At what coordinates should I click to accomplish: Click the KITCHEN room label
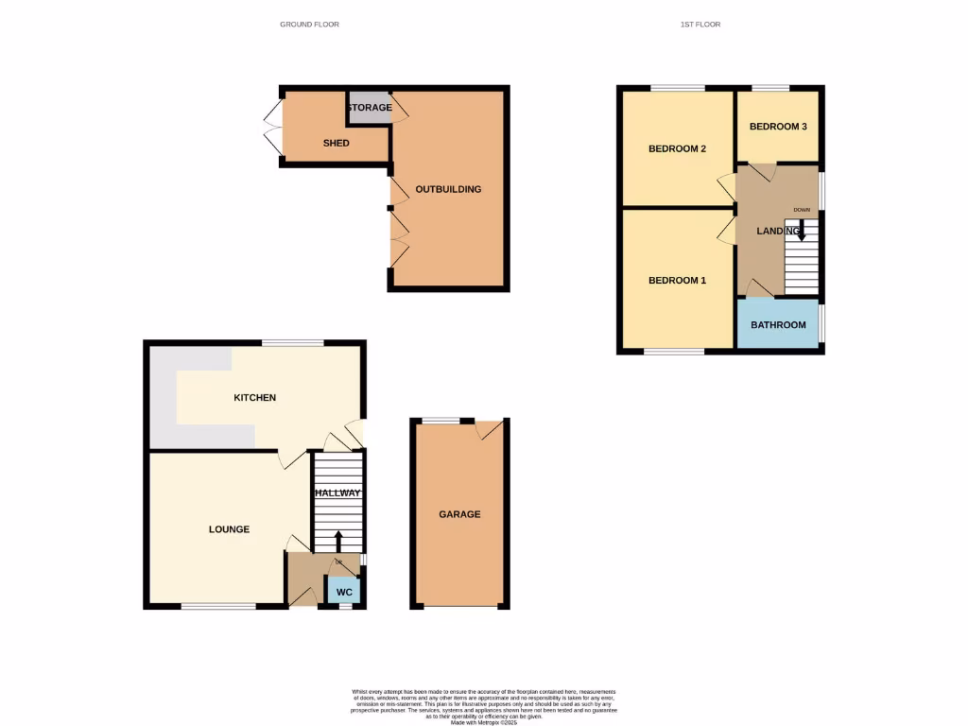point(254,398)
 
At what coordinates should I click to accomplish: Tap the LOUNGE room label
point(229,529)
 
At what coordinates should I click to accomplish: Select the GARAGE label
point(459,514)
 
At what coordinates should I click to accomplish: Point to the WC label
point(345,592)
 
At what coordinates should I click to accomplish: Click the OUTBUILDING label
point(448,189)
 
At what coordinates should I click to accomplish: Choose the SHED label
point(336,144)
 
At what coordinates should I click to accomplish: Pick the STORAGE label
point(369,108)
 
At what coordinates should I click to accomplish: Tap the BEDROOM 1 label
point(677,281)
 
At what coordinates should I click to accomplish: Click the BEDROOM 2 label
point(677,149)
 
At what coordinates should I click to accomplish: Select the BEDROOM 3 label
point(778,127)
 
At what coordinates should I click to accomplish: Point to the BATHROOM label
point(778,325)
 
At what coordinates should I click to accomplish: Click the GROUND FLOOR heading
point(309,25)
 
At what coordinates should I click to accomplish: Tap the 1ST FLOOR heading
point(700,25)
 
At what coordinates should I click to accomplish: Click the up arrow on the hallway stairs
point(338,541)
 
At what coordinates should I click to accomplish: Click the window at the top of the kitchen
point(293,342)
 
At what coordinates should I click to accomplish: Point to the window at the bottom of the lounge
point(218,606)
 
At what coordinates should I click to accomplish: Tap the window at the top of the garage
point(441,419)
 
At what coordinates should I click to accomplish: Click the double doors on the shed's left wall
point(272,128)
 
